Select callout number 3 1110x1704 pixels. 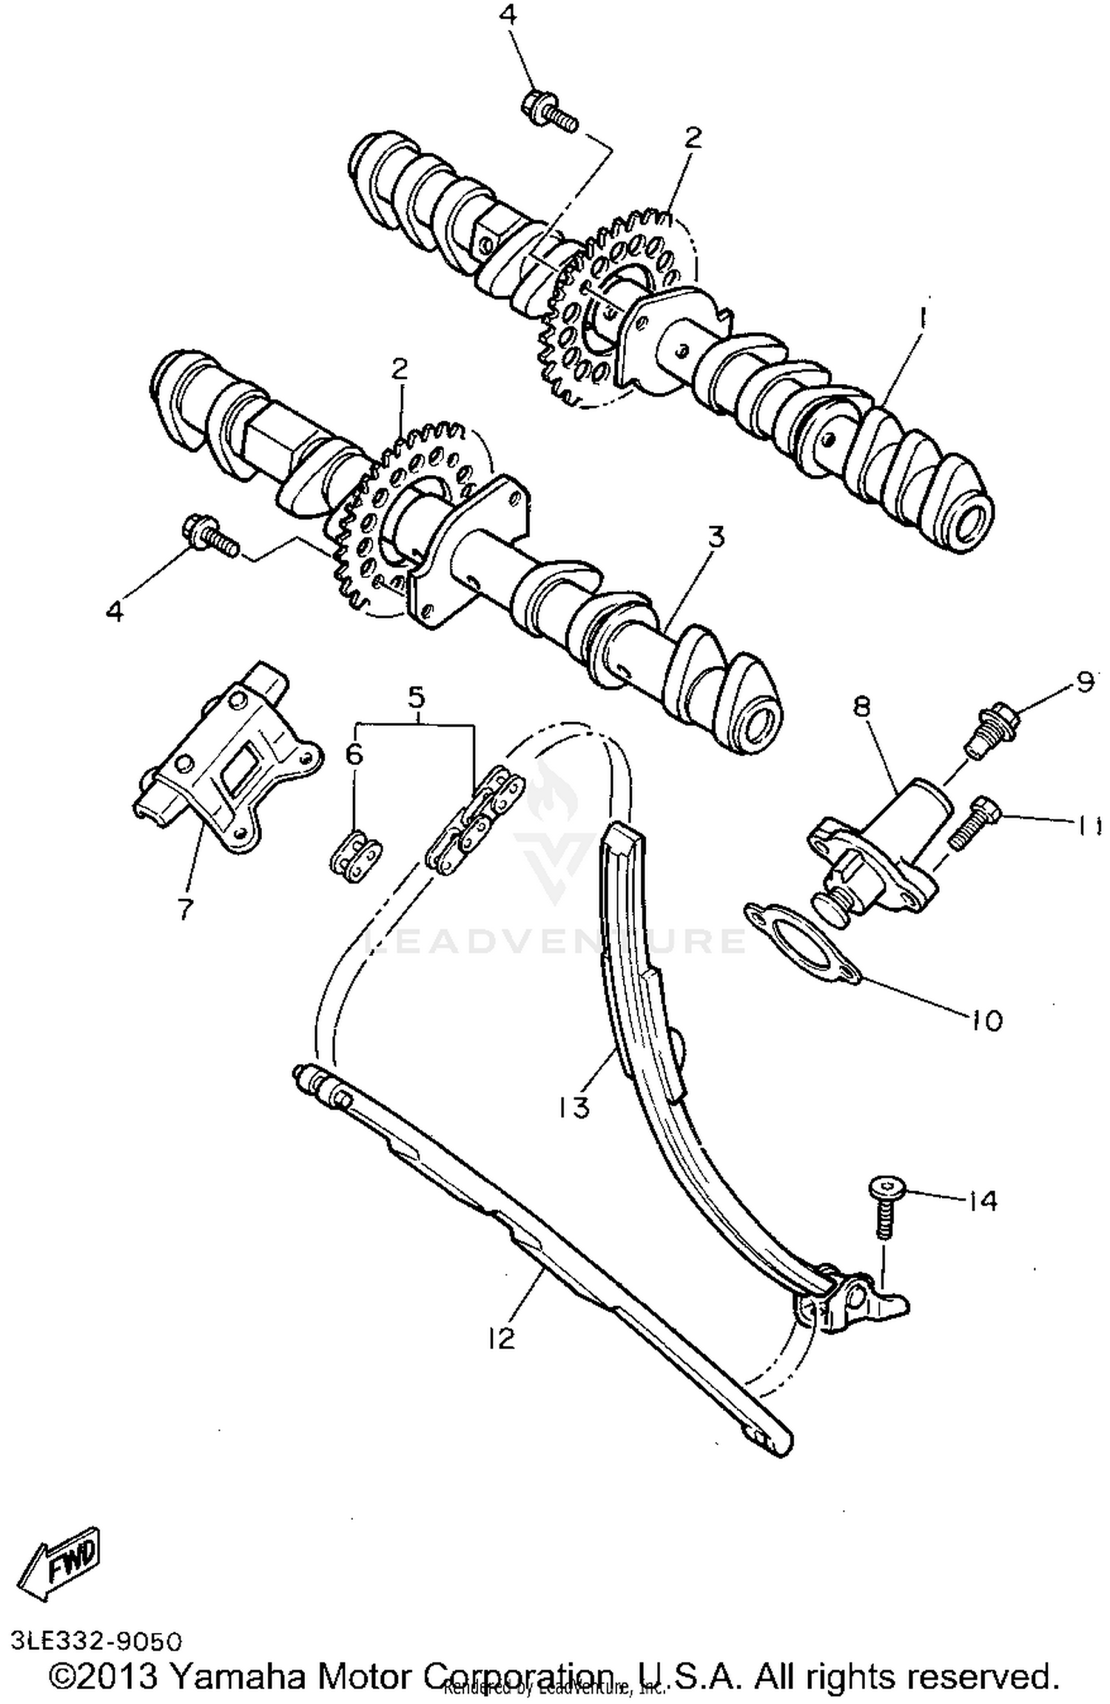click(716, 538)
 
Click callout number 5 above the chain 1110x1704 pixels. click(416, 696)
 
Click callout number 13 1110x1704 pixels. click(573, 1107)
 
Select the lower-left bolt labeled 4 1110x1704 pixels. click(209, 538)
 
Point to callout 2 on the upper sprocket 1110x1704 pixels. click(693, 138)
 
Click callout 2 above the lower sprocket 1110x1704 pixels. click(400, 369)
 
